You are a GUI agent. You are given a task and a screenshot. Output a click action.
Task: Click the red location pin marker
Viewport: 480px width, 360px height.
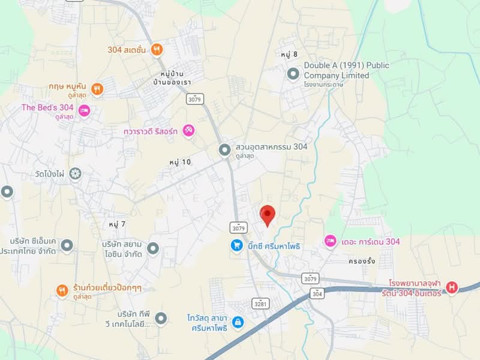[268, 214]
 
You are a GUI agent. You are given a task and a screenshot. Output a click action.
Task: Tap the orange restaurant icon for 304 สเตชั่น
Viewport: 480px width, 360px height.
[157, 49]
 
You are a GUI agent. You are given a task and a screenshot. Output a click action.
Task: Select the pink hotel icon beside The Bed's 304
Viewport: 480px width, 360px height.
[85, 110]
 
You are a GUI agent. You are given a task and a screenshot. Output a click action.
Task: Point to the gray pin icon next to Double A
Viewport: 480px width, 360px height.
[293, 74]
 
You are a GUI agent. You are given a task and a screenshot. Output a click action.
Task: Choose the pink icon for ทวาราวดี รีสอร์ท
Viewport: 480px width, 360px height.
[188, 130]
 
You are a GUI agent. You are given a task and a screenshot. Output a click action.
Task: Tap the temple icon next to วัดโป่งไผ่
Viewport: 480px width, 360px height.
[75, 174]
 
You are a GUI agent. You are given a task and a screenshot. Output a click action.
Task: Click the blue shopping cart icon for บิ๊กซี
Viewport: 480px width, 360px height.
[238, 245]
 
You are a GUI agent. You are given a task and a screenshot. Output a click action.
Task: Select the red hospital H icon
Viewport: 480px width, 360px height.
[452, 287]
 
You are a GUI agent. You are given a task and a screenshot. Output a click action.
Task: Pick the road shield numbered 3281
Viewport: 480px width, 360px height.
[260, 304]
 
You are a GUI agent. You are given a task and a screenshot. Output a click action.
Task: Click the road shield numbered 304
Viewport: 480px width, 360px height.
[317, 293]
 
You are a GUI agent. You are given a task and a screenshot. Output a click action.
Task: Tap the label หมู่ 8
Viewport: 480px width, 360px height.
[289, 55]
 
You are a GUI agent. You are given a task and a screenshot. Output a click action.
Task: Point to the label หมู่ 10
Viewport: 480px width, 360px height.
[179, 162]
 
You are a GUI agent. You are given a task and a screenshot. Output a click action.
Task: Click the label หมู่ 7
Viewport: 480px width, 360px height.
[117, 224]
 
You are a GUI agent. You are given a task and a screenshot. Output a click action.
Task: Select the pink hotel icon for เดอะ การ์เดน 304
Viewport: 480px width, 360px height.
[330, 241]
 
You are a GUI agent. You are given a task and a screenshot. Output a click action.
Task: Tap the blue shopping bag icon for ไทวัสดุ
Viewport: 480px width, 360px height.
[238, 322]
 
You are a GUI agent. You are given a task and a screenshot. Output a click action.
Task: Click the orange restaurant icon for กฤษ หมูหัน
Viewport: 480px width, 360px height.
[97, 89]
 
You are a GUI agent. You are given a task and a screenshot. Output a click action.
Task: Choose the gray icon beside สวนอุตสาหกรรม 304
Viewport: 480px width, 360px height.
[224, 149]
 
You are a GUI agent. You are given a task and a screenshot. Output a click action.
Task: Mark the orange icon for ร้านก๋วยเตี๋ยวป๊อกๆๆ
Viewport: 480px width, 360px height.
[62, 291]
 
